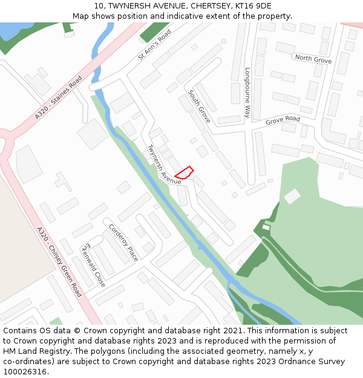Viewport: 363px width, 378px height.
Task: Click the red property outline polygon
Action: click(x=184, y=173)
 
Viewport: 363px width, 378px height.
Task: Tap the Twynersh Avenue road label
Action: click(x=164, y=165)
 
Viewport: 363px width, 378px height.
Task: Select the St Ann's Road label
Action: click(x=155, y=44)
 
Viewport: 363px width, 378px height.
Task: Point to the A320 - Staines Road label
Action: click(x=58, y=97)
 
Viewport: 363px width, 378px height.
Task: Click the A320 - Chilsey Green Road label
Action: click(x=59, y=261)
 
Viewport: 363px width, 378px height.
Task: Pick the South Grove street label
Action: click(x=199, y=106)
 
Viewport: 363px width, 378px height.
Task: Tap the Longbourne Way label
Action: click(x=247, y=92)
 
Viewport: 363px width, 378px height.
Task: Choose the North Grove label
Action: click(x=313, y=59)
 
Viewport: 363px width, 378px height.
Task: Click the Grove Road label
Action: click(x=283, y=120)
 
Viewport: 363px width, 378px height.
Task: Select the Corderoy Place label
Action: click(x=123, y=243)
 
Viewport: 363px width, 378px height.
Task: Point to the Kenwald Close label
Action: click(x=94, y=265)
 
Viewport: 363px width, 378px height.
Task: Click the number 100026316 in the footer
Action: click(x=24, y=371)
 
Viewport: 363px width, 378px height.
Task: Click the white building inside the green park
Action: click(x=292, y=196)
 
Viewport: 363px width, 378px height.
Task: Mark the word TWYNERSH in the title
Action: click(x=129, y=6)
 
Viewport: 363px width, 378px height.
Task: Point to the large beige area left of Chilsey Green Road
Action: click(x=15, y=242)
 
